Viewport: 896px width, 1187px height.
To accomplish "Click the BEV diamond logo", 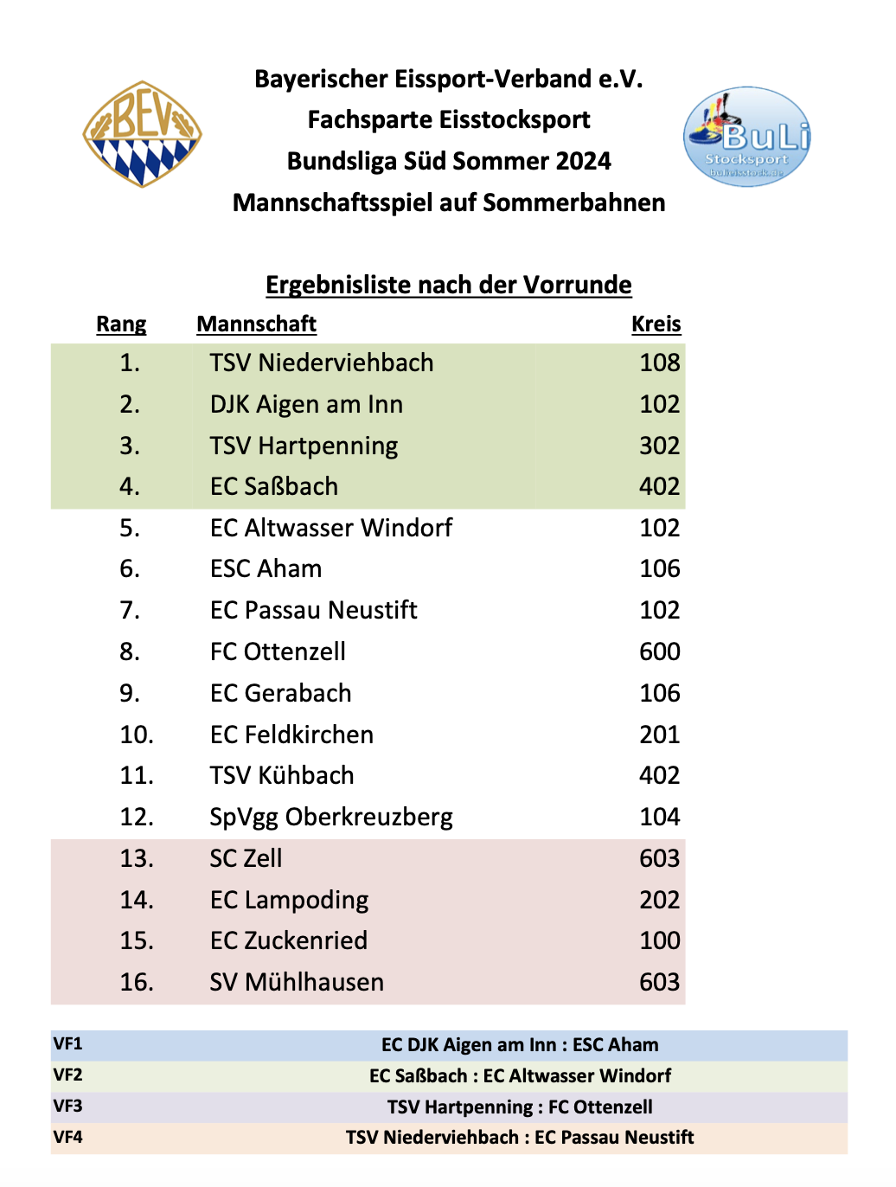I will (142, 134).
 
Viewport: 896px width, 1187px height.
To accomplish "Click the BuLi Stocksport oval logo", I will (747, 137).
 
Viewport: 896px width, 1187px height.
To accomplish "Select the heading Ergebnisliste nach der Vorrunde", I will (448, 285).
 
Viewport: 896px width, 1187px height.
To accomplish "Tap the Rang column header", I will (121, 324).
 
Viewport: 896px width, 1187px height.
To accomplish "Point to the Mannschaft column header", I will (256, 324).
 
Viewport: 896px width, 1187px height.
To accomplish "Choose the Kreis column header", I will (656, 324).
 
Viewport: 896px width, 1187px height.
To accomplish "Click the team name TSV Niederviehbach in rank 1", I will (322, 363).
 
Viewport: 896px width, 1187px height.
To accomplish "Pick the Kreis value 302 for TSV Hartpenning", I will (659, 446).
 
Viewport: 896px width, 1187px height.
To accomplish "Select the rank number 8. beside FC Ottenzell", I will (130, 651).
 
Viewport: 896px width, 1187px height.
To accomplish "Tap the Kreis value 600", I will (659, 651).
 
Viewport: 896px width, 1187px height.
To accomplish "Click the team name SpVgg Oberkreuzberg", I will (331, 817).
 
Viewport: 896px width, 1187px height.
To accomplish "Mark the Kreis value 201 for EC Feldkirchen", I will (659, 735).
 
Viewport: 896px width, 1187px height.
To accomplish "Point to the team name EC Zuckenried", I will (289, 940).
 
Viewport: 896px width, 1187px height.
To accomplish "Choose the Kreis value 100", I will (659, 940).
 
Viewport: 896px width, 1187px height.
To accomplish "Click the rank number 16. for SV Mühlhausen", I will (137, 982).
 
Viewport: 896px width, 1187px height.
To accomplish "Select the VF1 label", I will (68, 1044).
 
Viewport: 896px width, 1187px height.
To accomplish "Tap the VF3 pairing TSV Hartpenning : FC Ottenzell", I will (520, 1107).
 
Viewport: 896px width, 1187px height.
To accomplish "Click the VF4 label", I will (68, 1137).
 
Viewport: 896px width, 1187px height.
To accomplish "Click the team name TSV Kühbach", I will (282, 775).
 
